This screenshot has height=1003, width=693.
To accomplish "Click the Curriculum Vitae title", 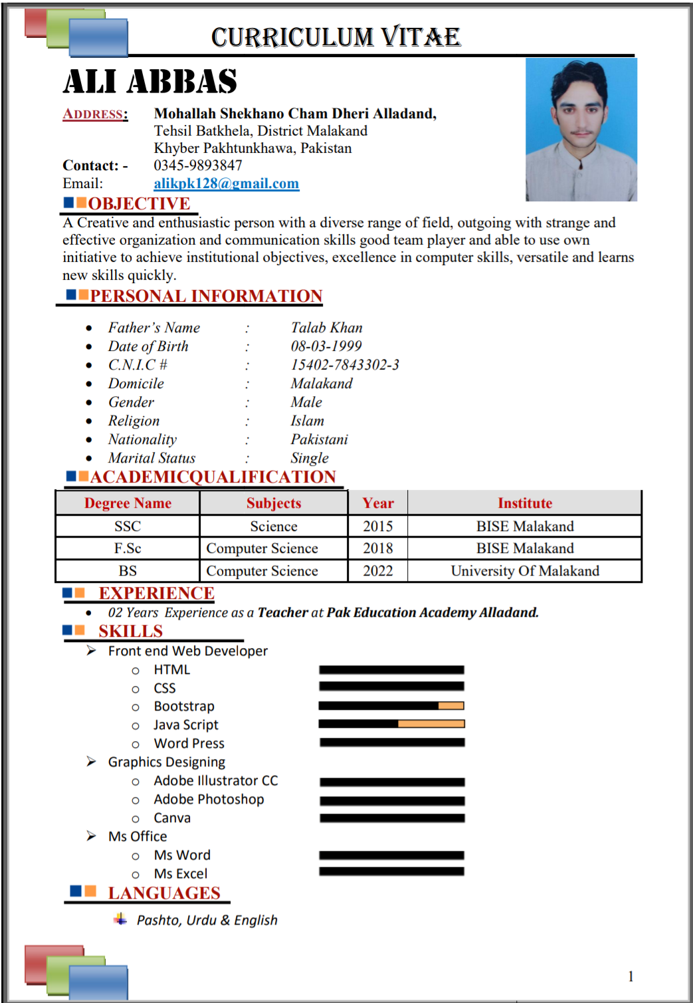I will pos(336,37).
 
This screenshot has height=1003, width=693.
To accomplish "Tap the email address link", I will pos(226,183).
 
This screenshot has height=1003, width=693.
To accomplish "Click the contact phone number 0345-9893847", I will pos(198,166).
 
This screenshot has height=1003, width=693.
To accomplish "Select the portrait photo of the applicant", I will pos(581,130).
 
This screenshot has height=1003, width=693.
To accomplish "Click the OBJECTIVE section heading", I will pos(139,203).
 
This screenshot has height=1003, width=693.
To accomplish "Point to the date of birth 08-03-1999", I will pos(326,346).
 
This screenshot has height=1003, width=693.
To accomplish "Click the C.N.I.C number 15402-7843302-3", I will pos(345,365).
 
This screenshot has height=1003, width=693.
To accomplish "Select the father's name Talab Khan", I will pos(326,328).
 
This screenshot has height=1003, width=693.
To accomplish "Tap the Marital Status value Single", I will pos(310,458).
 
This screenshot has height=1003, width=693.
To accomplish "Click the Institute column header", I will pos(524,503).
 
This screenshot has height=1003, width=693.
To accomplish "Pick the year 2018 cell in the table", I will pos(377,548).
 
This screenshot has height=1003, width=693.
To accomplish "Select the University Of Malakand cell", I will pos(524,571).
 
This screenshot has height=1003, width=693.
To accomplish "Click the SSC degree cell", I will pos(128,526).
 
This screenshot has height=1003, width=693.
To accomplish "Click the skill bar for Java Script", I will pos(391,724).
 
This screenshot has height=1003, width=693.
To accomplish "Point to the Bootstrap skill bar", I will pos(391,706).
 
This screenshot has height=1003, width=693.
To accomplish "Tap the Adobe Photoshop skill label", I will pos(209,800).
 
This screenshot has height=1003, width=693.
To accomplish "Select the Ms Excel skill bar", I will pos(391,871).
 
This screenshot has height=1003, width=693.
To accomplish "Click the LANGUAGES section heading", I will pos(164,893).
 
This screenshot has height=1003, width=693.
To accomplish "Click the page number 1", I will pos(631,976).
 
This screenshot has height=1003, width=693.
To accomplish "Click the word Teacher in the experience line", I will pos(282,613).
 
